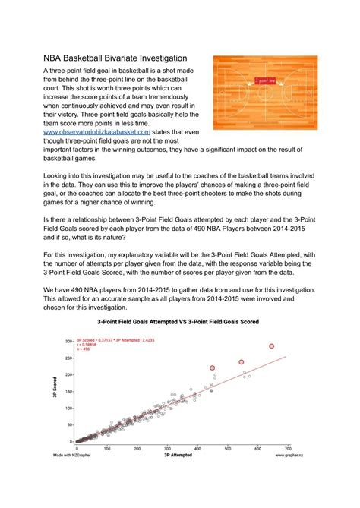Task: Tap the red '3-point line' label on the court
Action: (265, 80)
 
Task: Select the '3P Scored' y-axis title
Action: (57, 388)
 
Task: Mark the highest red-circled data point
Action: (271, 346)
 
